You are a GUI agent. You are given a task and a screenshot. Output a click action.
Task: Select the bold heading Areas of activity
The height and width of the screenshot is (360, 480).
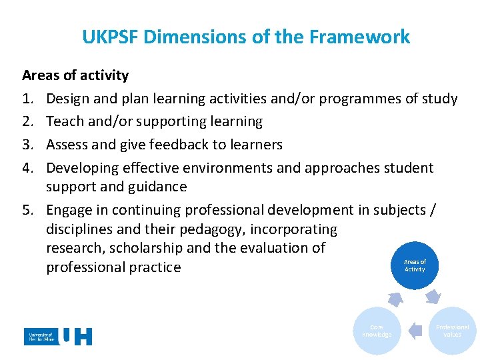(75, 75)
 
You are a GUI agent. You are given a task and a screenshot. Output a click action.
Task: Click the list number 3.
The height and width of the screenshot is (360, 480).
(28, 145)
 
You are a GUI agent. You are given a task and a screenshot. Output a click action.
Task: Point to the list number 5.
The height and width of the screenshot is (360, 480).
(28, 210)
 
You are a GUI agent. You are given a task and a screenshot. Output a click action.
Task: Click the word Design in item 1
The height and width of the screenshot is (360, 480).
(68, 99)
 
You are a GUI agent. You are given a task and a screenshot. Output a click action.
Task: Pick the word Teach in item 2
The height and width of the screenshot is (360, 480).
(65, 121)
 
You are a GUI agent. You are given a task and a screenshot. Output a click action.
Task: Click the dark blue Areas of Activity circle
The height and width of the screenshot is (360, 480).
(414, 265)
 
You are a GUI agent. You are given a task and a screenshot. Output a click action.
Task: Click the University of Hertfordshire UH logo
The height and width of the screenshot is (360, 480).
(58, 337)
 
